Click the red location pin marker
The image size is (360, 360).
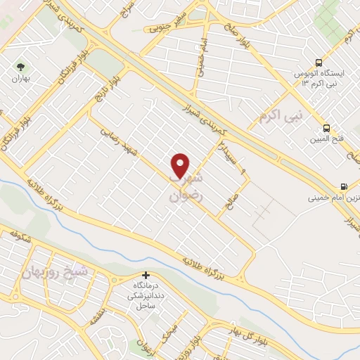click(181, 165)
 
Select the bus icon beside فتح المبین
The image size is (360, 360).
click(326, 128)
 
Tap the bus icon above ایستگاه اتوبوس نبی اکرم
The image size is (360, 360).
click(319, 62)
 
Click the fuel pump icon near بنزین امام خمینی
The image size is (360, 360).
click(342, 187)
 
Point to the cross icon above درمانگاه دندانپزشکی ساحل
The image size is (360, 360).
click(146, 275)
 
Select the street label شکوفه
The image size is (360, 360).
click(20, 239)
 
